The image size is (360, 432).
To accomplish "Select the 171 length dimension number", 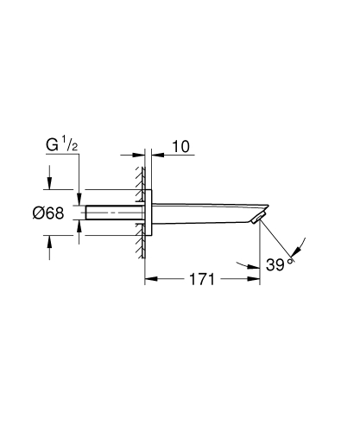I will tap(201, 280).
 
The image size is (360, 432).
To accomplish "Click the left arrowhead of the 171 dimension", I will tap(148, 280).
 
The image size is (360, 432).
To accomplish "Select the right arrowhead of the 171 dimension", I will tap(256, 280).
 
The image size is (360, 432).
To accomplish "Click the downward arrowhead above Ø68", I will tap(49, 184).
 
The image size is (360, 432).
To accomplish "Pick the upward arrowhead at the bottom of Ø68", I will tap(49, 243).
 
